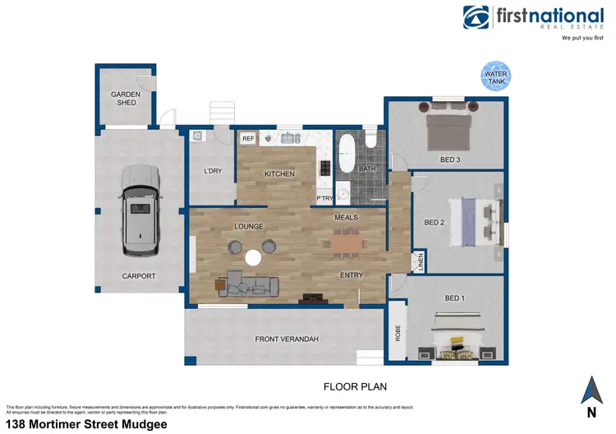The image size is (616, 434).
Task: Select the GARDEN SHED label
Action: (126, 98)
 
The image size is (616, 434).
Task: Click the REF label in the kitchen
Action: (248, 139)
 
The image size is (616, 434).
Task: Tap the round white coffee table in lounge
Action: (253, 258)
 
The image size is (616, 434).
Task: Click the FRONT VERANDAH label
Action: (286, 339)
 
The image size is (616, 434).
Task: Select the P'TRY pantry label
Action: (324, 199)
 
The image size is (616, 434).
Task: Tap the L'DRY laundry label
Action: (213, 171)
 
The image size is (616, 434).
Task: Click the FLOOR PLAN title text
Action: (355, 386)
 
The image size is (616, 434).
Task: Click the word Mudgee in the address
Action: (146, 424)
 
